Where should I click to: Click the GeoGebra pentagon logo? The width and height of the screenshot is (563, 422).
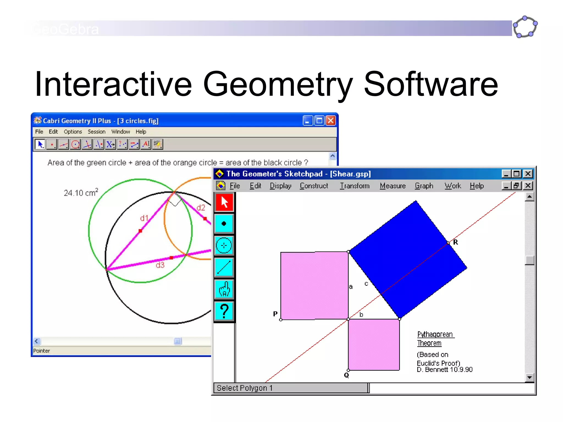525,27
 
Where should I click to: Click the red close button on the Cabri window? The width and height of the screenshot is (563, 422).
331,121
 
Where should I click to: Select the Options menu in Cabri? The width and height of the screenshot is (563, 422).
73,132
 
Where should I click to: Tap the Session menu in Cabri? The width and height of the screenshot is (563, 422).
96,132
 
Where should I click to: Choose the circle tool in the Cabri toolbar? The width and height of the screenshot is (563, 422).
75,144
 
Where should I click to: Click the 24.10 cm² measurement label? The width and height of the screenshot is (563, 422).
81,193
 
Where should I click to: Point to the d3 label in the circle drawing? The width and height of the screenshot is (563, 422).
160,265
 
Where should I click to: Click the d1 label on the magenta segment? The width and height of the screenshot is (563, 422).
144,218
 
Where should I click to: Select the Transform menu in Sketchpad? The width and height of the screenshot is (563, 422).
355,186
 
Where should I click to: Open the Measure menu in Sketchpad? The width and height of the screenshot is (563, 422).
393,186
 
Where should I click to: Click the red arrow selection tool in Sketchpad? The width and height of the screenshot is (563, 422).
224,202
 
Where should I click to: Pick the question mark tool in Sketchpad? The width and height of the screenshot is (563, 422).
224,311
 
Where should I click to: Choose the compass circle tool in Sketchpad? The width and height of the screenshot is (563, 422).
224,245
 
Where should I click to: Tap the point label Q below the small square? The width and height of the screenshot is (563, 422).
346,375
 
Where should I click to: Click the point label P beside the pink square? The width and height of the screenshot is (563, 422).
275,314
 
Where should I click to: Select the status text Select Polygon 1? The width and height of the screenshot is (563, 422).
244,388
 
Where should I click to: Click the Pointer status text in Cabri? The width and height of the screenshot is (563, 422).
42,351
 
